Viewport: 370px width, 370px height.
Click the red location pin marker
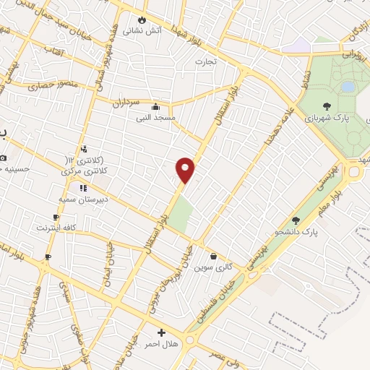186,169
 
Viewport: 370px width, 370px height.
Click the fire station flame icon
142,20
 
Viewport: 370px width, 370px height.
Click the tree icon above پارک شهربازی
327,106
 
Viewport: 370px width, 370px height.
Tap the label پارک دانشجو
296,231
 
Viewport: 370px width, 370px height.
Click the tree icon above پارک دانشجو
295,220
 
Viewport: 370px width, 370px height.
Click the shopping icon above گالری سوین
214,256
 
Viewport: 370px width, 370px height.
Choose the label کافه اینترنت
56,228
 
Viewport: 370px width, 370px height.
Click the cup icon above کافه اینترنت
56,217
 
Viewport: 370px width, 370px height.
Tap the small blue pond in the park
348,87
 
